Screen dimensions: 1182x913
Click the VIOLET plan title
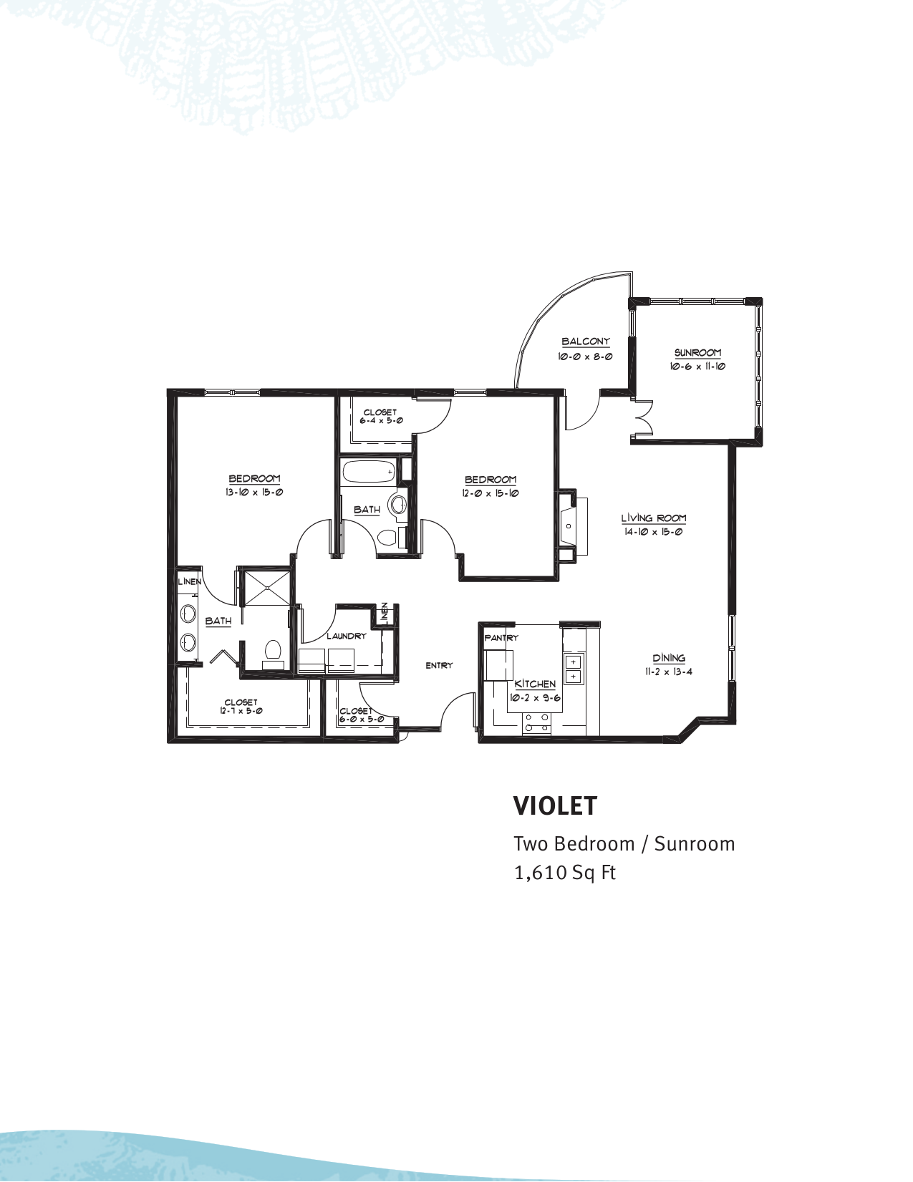[555, 805]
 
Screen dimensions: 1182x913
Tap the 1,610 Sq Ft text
[565, 873]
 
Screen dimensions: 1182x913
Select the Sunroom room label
[697, 353]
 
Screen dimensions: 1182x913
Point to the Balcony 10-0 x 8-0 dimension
[585, 356]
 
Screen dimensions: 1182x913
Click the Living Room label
[653, 518]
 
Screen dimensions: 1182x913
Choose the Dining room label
[669, 658]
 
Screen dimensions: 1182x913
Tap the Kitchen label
[535, 684]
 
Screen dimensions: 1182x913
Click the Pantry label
[501, 637]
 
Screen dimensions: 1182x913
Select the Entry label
[439, 665]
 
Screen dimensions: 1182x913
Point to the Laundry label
[346, 636]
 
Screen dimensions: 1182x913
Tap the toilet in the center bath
[387, 537]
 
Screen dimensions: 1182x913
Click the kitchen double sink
[574, 669]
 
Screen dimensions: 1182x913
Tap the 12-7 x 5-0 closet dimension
[241, 711]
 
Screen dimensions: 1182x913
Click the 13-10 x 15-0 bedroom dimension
[255, 493]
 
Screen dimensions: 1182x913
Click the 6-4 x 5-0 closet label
[380, 417]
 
